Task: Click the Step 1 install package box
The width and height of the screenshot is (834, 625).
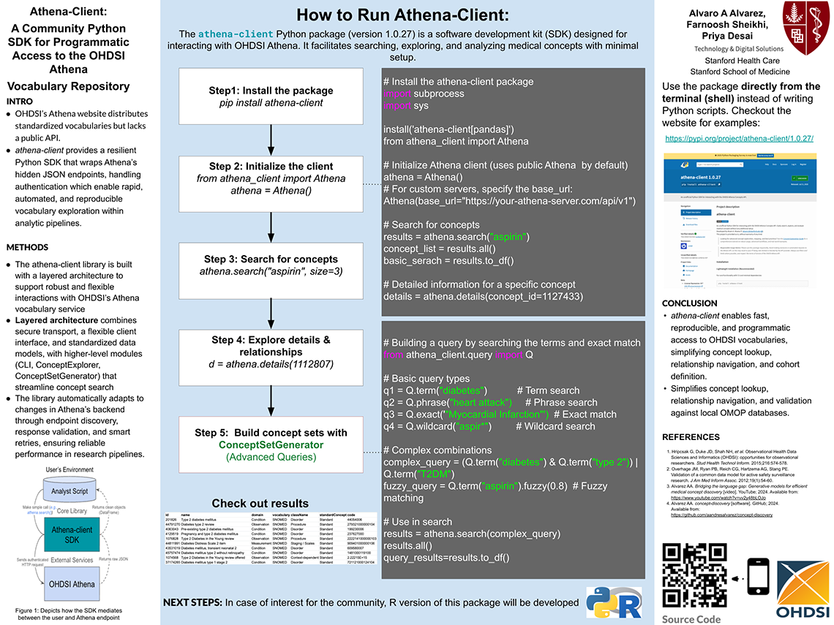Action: pyautogui.click(x=271, y=96)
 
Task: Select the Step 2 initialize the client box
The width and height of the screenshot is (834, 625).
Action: pyautogui.click(x=271, y=178)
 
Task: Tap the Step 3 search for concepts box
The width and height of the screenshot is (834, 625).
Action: pyautogui.click(x=271, y=265)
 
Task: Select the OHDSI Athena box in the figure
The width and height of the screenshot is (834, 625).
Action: pyautogui.click(x=72, y=585)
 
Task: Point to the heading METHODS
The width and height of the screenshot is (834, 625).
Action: pyautogui.click(x=28, y=247)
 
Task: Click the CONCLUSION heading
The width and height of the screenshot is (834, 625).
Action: pyautogui.click(x=689, y=303)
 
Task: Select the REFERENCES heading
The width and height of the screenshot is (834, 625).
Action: pyautogui.click(x=691, y=437)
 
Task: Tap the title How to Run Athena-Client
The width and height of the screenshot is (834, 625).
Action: pyautogui.click(x=402, y=15)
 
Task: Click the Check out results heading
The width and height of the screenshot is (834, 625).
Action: pyautogui.click(x=260, y=503)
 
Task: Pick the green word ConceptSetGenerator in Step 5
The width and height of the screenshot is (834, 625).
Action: pyautogui.click(x=271, y=444)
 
